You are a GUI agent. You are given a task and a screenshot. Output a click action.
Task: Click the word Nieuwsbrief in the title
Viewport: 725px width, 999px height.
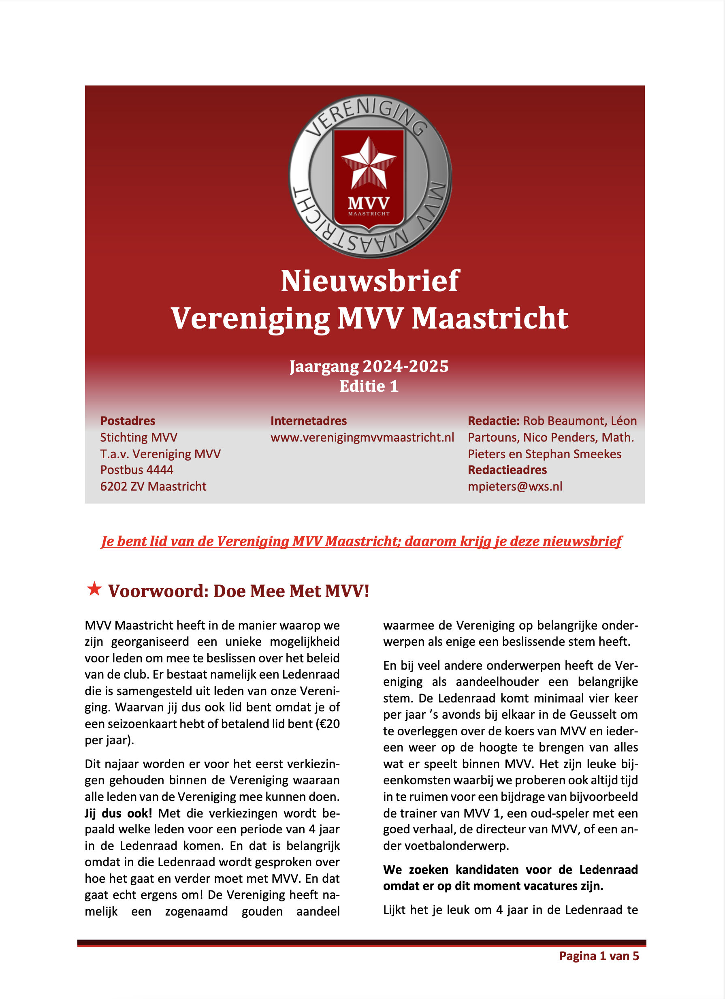pos(370,281)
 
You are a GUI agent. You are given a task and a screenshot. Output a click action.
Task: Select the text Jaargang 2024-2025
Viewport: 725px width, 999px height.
pos(369,366)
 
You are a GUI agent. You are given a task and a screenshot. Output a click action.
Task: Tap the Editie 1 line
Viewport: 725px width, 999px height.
pos(369,386)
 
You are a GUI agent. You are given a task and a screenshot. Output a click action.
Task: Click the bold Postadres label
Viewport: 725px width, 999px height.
pos(128,421)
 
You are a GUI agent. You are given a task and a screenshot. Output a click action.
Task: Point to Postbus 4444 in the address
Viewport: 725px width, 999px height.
pos(137,470)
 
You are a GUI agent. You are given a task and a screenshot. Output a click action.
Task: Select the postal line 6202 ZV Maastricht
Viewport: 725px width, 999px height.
pos(153,486)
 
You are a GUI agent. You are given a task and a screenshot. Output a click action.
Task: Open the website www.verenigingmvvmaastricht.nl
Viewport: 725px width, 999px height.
pos(362,438)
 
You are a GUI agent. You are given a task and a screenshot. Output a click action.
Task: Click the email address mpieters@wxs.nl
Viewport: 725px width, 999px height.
pos(515,486)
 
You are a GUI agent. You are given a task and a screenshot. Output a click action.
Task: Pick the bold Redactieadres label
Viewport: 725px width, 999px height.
pos(507,470)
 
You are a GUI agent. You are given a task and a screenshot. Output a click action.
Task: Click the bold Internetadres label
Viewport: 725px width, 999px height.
pos(308,421)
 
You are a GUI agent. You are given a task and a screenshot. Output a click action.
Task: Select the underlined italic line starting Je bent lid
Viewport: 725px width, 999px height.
pos(361,541)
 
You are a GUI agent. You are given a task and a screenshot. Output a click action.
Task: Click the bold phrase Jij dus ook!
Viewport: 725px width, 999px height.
pos(118,813)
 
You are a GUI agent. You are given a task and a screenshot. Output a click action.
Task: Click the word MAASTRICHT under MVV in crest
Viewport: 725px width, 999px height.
pos(369,214)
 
